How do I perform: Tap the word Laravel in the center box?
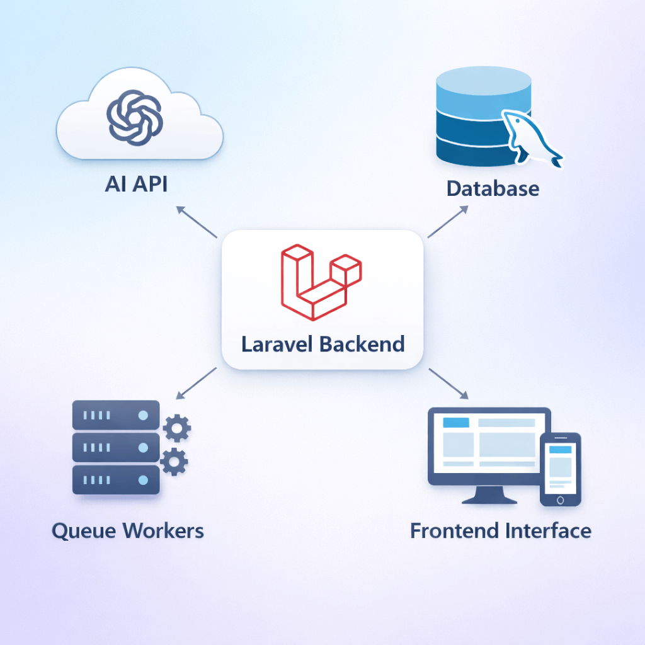278,344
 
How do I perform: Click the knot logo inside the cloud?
134,116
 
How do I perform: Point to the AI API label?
136,186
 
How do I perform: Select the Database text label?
493,188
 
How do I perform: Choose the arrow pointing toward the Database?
448,224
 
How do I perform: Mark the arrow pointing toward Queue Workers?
197,383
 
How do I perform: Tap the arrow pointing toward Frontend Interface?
449,383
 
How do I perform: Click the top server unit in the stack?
116,414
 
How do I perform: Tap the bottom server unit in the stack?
116,480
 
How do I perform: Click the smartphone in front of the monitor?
560,469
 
